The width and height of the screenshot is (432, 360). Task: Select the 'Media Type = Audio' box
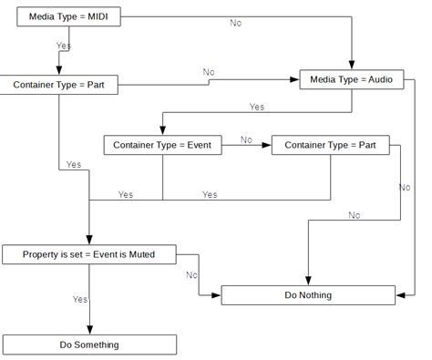coord(351,79)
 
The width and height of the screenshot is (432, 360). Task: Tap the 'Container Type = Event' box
coord(163,144)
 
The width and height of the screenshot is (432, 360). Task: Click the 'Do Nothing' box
coord(308,295)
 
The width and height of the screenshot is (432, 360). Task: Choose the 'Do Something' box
coord(89,345)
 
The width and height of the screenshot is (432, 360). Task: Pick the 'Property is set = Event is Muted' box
coord(89,255)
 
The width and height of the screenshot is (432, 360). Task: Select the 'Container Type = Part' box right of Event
coord(330,144)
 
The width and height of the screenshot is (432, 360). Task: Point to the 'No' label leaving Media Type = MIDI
coord(235,23)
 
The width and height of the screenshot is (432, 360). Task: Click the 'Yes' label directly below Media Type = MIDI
coord(64,44)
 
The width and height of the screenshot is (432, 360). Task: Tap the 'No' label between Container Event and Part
coord(246,139)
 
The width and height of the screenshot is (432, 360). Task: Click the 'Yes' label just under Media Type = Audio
coord(257,107)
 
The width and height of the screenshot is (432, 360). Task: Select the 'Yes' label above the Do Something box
coord(80,299)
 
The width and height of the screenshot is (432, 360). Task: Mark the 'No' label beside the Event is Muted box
coord(192,274)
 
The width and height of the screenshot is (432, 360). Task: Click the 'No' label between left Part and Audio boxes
coord(209,72)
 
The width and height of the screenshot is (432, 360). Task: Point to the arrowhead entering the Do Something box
coord(89,331)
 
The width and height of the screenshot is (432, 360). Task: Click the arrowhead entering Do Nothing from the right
coord(399,295)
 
